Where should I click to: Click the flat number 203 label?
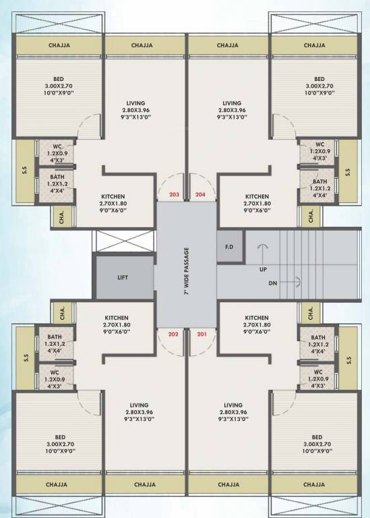click(x=175, y=195)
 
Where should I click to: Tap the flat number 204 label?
click(x=200, y=195)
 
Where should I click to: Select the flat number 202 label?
click(x=174, y=334)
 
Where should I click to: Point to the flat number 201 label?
click(x=200, y=334)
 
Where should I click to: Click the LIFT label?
click(x=123, y=277)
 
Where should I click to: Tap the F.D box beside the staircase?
click(x=229, y=247)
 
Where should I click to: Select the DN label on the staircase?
click(x=273, y=283)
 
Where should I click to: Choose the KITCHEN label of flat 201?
click(x=257, y=318)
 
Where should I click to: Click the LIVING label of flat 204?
click(x=232, y=103)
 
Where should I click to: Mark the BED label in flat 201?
click(x=317, y=436)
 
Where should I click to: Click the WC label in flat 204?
click(x=320, y=144)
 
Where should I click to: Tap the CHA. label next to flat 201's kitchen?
click(x=311, y=313)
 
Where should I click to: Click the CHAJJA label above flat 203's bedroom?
click(x=60, y=46)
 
